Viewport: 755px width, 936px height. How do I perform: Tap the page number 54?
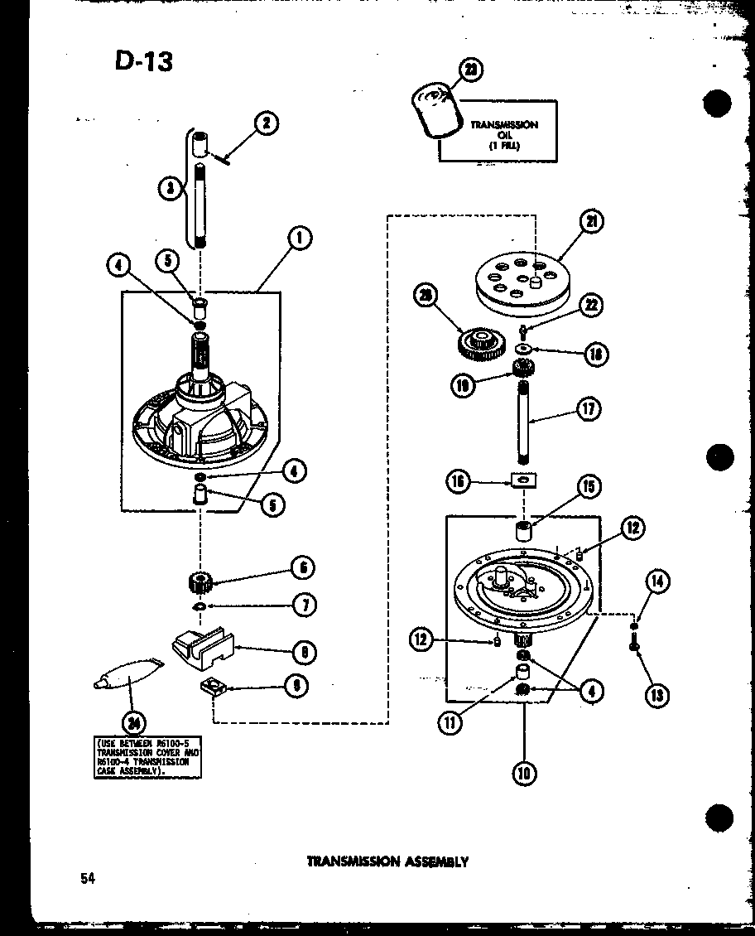pos(88,878)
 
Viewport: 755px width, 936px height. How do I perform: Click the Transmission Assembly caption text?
pos(387,861)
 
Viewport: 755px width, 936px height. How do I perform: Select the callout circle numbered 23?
pos(470,72)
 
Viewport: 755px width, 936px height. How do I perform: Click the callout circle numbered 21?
pos(592,220)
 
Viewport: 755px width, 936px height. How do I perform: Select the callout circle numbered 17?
pos(589,408)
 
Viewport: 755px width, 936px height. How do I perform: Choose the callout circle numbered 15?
pos(590,486)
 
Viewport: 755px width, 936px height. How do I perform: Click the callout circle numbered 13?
pos(656,695)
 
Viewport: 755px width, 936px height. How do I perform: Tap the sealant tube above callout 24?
pos(126,678)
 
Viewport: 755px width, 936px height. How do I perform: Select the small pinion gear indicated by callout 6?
pos(202,581)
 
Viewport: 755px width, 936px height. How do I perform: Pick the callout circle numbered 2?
pos(266,124)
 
